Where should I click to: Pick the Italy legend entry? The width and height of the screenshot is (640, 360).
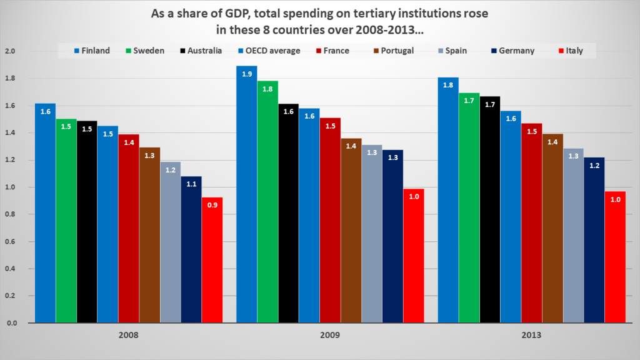tap(569, 51)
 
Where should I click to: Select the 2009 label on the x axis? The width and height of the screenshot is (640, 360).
tap(330, 336)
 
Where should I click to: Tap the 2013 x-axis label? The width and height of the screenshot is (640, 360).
tap(531, 336)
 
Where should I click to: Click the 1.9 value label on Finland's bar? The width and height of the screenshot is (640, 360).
tap(246, 74)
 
